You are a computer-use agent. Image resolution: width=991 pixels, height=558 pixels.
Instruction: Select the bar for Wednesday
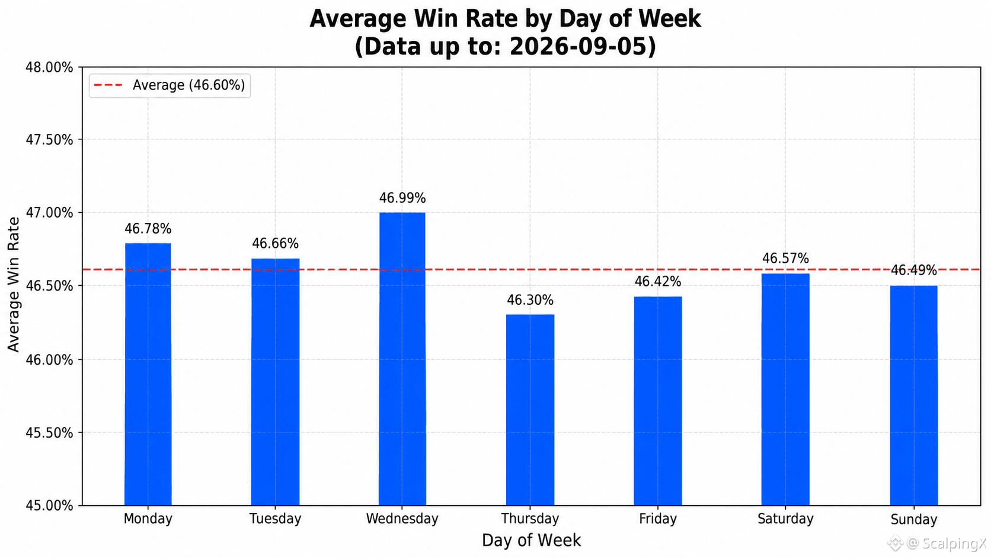click(402, 359)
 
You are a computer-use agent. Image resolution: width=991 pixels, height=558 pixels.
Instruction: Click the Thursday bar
click(530, 410)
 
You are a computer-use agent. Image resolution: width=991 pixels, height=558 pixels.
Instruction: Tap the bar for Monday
click(148, 374)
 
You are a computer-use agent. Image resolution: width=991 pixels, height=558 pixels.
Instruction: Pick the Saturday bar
click(785, 390)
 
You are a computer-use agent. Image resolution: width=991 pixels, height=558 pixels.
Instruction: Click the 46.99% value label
click(402, 198)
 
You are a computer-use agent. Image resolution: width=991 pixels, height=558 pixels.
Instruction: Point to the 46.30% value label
click(530, 300)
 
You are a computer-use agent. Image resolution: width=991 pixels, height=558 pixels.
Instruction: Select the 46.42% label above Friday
click(658, 282)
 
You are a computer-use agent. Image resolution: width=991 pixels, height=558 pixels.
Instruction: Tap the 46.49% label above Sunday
click(913, 270)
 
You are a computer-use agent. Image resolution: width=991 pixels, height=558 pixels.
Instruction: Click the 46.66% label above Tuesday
click(275, 243)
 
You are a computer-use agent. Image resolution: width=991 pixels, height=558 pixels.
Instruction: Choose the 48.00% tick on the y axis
click(49, 67)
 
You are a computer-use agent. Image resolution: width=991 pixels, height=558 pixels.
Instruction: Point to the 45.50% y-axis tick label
click(49, 432)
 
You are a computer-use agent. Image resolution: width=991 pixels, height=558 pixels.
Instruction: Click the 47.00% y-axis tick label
click(49, 213)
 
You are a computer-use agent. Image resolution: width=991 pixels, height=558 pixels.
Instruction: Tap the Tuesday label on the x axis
click(275, 519)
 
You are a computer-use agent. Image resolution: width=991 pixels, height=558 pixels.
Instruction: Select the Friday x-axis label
click(658, 519)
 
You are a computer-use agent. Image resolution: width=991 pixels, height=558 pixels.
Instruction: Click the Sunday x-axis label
click(913, 519)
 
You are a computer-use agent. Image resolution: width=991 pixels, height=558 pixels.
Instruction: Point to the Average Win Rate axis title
click(14, 285)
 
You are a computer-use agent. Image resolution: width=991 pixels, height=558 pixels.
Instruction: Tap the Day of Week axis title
click(531, 540)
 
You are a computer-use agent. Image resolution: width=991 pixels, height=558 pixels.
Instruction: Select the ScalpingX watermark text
click(954, 543)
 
